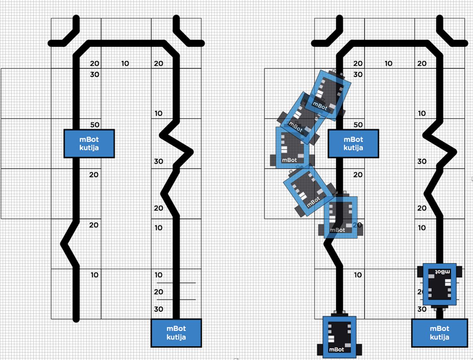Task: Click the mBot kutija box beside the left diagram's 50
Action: tap(89, 144)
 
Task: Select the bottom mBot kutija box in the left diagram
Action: tap(176, 333)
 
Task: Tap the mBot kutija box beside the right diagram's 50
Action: tap(353, 144)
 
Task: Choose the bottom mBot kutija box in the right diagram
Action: tap(439, 333)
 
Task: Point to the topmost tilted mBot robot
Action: tap(328, 95)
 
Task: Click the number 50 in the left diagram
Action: tap(95, 124)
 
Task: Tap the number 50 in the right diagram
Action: tap(358, 124)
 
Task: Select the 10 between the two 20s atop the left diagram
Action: tap(125, 63)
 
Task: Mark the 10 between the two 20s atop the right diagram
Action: tap(388, 63)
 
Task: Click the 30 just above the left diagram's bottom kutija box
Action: tap(158, 309)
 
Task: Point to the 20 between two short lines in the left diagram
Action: tap(158, 292)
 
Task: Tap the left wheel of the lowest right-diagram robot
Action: tap(320, 350)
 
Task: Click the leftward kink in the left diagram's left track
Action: tap(63, 244)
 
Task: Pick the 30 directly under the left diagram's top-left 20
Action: tap(95, 74)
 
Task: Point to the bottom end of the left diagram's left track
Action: tap(76, 320)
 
